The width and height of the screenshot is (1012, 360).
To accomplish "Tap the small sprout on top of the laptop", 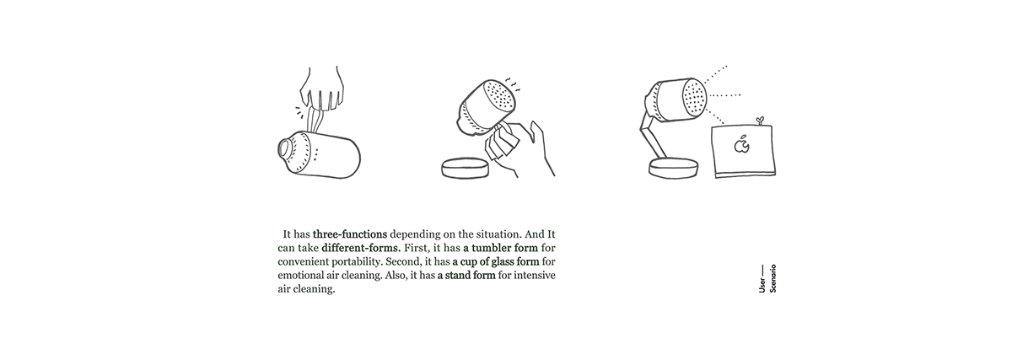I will coord(759,121).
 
